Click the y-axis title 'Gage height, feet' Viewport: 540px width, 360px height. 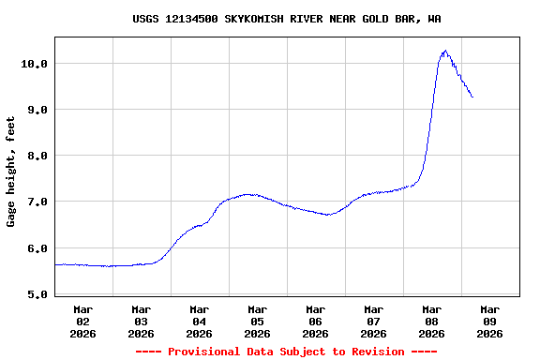[11, 172]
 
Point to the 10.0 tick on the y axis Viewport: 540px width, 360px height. [35, 63]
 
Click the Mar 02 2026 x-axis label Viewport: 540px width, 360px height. [83, 321]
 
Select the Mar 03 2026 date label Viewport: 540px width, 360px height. [142, 321]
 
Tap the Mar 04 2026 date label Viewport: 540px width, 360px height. [200, 321]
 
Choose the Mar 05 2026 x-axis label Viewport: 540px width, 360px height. [258, 321]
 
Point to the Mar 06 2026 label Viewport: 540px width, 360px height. [316, 321]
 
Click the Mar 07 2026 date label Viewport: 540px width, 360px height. [374, 321]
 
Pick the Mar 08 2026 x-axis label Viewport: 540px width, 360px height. [432, 321]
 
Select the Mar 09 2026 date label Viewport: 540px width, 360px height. [490, 321]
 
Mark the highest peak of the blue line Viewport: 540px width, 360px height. [444, 51]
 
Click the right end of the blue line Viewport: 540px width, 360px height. [472, 97]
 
